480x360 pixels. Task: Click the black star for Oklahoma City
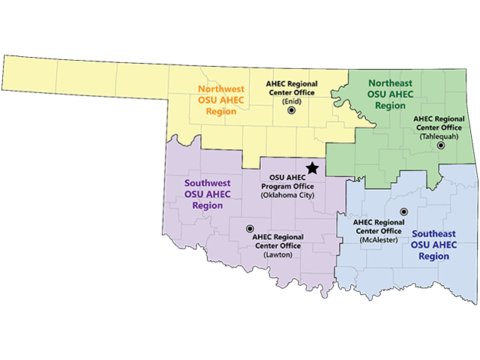pyautogui.click(x=312, y=169)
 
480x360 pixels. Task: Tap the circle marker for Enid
pyautogui.click(x=292, y=111)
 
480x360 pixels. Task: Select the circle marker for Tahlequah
pyautogui.click(x=441, y=145)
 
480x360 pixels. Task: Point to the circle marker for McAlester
pyautogui.click(x=403, y=212)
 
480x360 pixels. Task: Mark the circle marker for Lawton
pyautogui.click(x=250, y=229)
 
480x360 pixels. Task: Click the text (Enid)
pyautogui.click(x=292, y=100)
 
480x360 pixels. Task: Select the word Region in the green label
pyautogui.click(x=390, y=106)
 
